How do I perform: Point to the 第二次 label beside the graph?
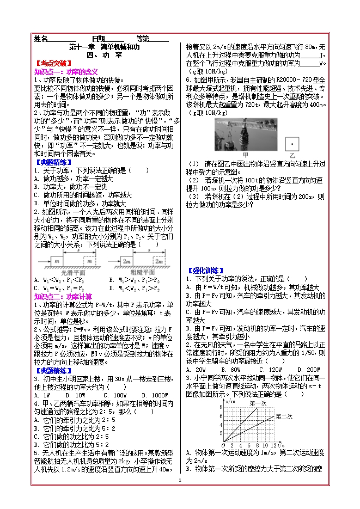tap(284, 416)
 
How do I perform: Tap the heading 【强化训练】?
tap(205, 270)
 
